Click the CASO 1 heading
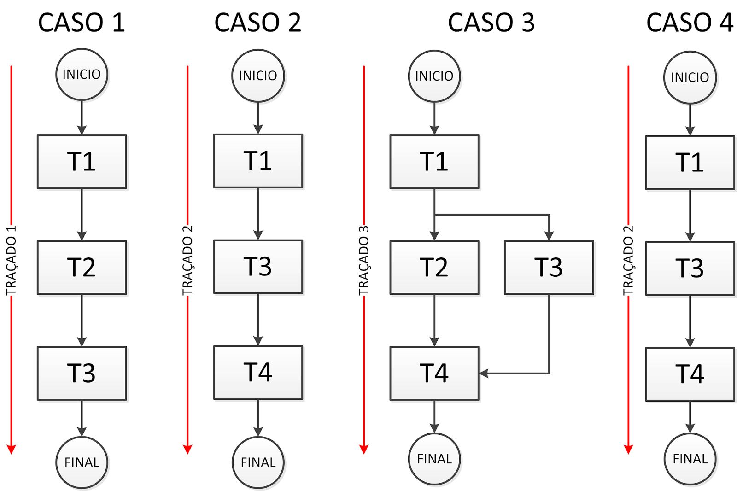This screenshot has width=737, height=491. [x=82, y=23]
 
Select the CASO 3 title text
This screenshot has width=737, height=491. [x=491, y=23]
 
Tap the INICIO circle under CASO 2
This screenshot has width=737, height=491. [x=258, y=76]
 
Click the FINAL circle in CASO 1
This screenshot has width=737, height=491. [x=82, y=462]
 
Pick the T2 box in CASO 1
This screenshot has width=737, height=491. [x=82, y=267]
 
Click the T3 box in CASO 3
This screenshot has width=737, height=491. [x=549, y=267]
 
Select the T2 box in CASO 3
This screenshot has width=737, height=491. [x=434, y=267]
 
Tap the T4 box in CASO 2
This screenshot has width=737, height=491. [x=258, y=372]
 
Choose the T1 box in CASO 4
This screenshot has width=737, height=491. [x=690, y=163]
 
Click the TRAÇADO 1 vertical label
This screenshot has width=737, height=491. [x=11, y=260]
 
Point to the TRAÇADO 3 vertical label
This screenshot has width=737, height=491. [x=364, y=260]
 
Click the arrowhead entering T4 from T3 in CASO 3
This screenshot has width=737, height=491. [x=484, y=373]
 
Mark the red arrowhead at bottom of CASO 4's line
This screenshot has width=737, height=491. [x=628, y=449]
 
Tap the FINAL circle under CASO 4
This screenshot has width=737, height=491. [x=690, y=459]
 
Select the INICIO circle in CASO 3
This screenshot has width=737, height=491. [x=434, y=76]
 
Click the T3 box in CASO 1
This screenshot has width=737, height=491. [x=82, y=373]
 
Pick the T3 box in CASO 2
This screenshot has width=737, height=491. [x=258, y=267]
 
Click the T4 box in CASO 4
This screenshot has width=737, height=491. [x=690, y=374]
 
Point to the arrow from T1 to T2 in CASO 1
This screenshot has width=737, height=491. [x=82, y=214]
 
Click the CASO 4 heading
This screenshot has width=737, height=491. [x=689, y=23]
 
